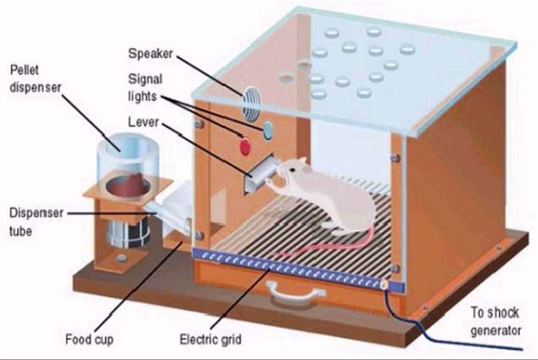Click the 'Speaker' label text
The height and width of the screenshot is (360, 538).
151,53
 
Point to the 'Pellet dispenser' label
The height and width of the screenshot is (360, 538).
35,78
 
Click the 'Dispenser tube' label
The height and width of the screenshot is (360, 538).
35,219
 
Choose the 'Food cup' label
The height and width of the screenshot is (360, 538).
89,341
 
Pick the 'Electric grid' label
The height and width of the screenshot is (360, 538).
210,341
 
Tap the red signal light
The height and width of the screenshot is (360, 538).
246,147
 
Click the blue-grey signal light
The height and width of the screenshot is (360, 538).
268,128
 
